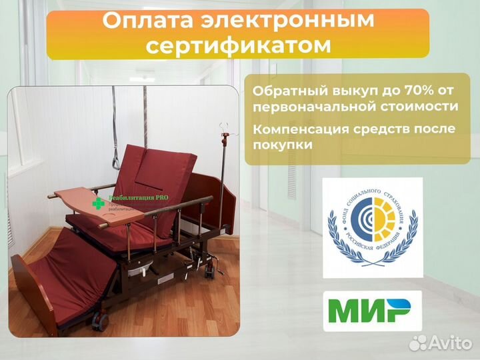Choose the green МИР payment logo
coord(373,311)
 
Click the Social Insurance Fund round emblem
coord(373,227)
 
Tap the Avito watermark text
coord(447,343)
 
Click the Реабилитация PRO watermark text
coord(139,197)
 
